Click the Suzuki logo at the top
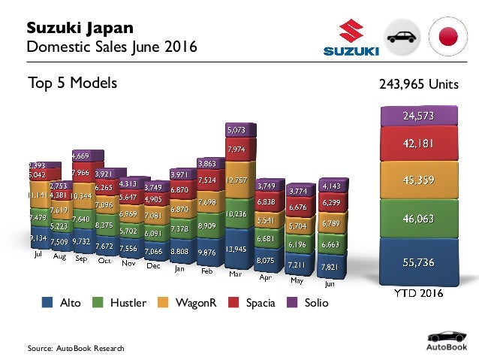(351, 38)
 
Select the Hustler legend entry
(121, 303)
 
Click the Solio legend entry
(305, 303)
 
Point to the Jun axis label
(329, 284)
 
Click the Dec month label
(153, 265)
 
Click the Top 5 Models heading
(72, 83)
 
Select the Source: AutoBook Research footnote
(75, 348)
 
